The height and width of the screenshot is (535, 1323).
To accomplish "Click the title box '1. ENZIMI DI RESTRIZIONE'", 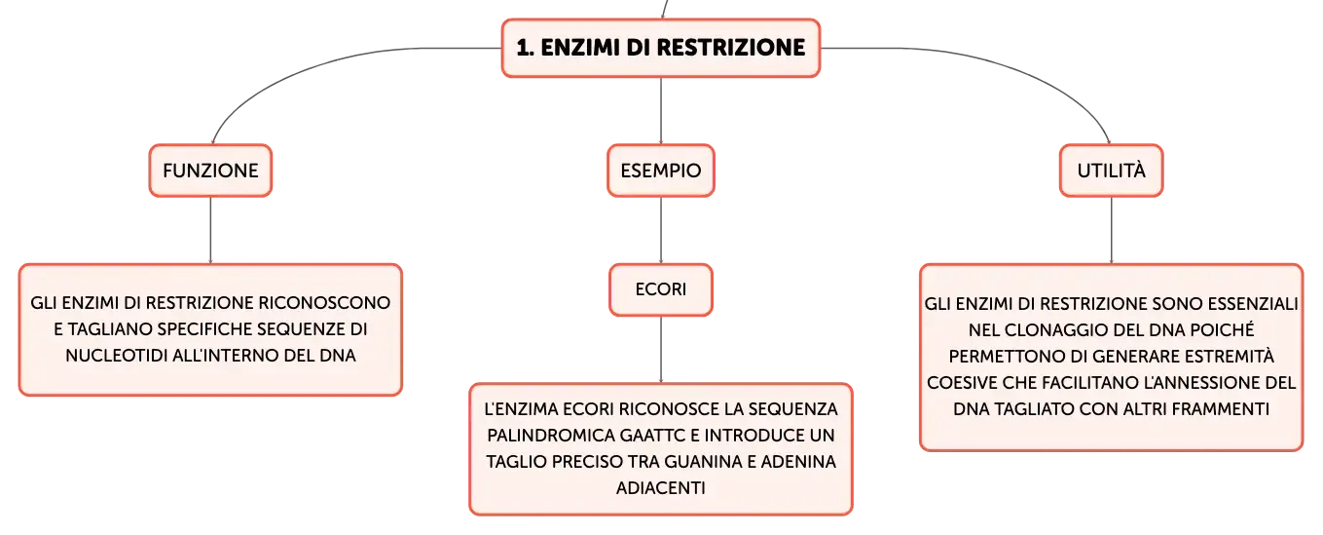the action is (x=661, y=48).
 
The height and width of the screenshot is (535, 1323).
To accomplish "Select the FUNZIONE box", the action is (x=210, y=171).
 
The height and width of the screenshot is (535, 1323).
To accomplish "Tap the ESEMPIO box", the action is (x=661, y=171).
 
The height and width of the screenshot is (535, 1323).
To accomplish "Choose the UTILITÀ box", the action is (x=1111, y=171).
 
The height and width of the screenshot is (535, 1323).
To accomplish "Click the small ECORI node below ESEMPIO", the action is (x=661, y=289).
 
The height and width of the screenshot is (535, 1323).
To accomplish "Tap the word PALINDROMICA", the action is (x=551, y=436).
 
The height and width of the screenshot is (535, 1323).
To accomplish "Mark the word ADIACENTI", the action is (x=661, y=488).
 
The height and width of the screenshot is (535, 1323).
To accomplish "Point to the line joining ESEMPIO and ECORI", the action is (x=661, y=230).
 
